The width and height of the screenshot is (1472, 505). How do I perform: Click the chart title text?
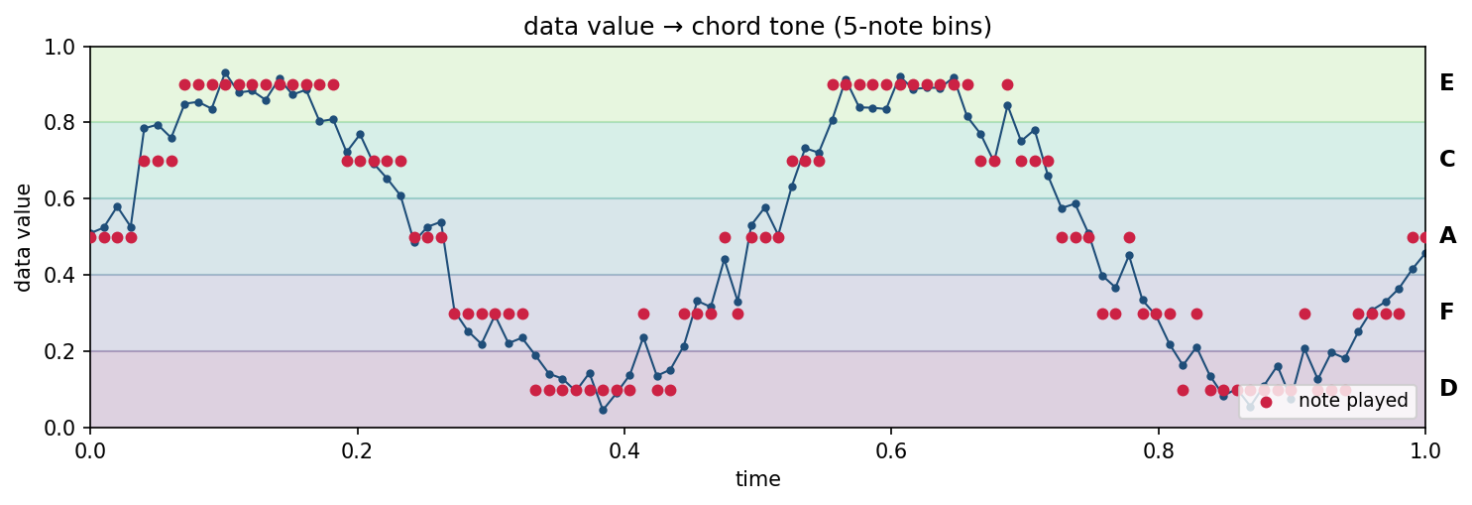click(757, 27)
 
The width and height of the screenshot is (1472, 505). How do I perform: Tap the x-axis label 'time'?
click(757, 480)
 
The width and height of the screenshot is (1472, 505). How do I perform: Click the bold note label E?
click(1446, 83)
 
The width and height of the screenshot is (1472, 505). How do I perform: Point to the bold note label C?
click(1446, 160)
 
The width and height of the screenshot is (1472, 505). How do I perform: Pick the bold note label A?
click(1447, 236)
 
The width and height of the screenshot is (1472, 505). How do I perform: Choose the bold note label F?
click(1446, 313)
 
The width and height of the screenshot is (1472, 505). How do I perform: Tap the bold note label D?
click(1447, 389)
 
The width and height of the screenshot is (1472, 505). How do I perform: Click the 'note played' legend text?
click(1352, 401)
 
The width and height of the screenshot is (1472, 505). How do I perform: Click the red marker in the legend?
click(1265, 401)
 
